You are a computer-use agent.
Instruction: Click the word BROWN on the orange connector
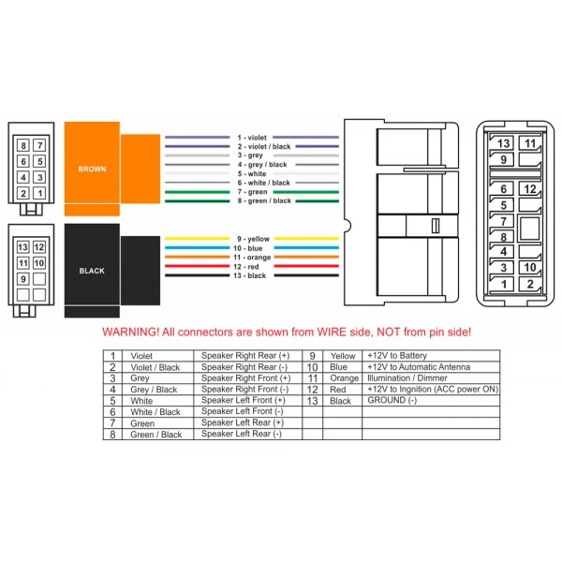tap(92, 169)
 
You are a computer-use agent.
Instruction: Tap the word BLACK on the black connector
tap(92, 271)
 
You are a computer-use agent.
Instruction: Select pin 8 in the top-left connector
tap(23, 145)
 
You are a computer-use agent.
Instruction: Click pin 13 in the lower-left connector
tap(22, 247)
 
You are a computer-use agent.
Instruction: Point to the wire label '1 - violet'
tap(252, 138)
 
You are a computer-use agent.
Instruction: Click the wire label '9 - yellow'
tap(253, 239)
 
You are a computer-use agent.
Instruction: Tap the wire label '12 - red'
tap(245, 266)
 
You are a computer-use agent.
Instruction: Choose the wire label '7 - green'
tap(252, 192)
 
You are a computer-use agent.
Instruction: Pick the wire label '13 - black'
tap(249, 275)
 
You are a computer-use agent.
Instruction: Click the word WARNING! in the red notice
tap(130, 332)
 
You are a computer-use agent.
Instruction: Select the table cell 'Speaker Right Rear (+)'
tap(245, 356)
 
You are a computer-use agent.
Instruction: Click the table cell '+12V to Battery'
tap(397, 356)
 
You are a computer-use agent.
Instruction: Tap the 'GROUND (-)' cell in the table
tap(392, 400)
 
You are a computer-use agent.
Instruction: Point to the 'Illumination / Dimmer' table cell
tap(407, 377)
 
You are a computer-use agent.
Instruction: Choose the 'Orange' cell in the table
tap(344, 378)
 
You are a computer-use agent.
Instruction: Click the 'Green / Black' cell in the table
tap(155, 435)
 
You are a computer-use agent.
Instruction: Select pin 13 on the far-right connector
tap(503, 143)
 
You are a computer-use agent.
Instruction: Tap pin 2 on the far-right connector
tap(530, 284)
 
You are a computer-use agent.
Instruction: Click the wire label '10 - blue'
tap(247, 248)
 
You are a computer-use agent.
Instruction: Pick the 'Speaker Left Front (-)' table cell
tap(243, 411)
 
